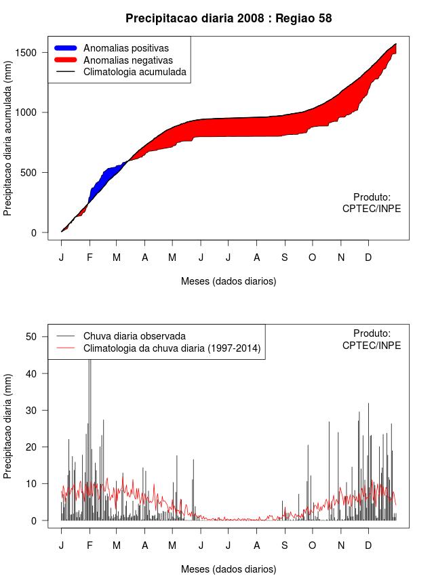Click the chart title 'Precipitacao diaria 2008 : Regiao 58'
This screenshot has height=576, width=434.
tap(229, 18)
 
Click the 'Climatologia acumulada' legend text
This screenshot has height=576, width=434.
tap(134, 72)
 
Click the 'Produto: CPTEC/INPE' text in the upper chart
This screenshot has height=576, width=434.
tap(372, 203)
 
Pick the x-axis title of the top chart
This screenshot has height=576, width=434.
tap(229, 281)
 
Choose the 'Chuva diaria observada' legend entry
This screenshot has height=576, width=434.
tap(134, 336)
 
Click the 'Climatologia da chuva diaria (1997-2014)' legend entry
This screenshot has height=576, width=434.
tap(172, 348)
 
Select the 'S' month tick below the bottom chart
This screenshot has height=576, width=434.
tap(284, 545)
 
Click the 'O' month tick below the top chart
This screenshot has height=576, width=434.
tap(312, 257)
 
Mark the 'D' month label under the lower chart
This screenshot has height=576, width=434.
tap(368, 545)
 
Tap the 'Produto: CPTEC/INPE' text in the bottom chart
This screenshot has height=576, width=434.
tap(372, 339)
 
